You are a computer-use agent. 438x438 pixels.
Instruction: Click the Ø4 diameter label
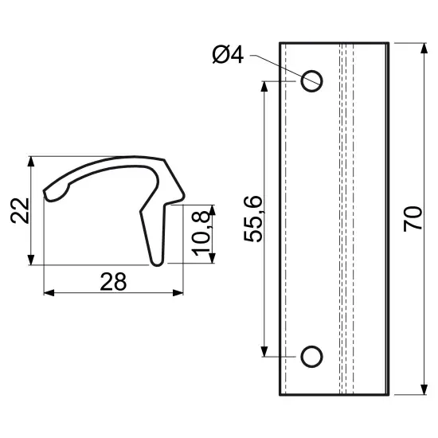(228, 55)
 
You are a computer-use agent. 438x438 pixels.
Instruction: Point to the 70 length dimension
(413, 219)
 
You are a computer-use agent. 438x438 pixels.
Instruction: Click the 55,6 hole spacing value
(253, 219)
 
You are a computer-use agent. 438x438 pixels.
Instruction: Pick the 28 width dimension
(113, 282)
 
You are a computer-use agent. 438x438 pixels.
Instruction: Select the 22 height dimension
(20, 210)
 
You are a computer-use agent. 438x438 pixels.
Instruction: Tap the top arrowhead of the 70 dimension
(424, 48)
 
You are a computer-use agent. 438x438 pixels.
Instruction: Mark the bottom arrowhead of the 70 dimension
(424, 390)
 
